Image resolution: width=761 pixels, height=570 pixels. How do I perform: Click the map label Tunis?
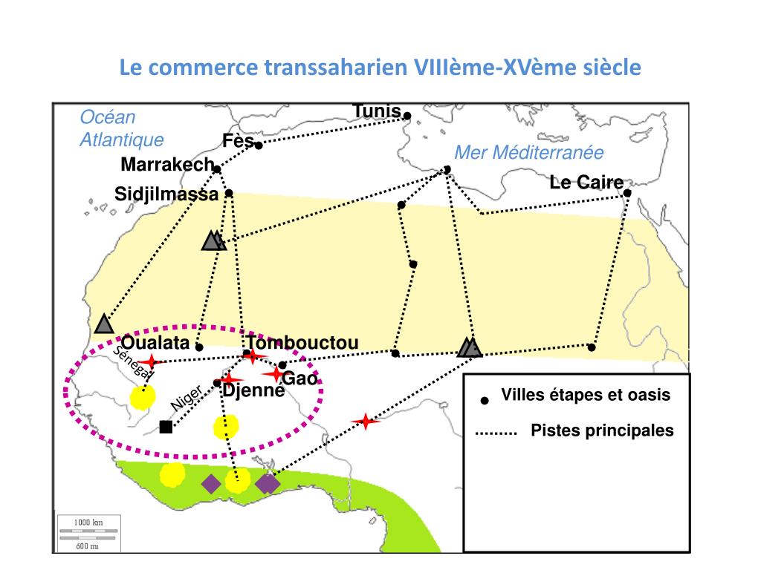click(377, 111)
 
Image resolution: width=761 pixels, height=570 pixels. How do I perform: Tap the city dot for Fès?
click(259, 145)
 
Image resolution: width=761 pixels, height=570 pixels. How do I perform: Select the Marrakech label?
click(167, 165)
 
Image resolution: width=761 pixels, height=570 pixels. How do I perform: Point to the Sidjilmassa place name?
click(166, 194)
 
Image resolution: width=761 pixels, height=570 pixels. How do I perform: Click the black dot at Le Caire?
click(627, 193)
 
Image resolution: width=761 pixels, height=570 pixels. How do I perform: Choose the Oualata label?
click(155, 343)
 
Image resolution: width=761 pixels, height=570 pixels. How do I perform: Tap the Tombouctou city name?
click(303, 343)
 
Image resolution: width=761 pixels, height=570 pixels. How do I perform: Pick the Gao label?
click(300, 379)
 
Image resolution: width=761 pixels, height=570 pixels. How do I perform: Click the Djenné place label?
click(253, 390)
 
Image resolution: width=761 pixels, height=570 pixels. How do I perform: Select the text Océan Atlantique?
click(121, 128)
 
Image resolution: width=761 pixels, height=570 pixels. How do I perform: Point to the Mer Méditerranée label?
click(529, 153)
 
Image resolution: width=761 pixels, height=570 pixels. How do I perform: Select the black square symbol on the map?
click(166, 426)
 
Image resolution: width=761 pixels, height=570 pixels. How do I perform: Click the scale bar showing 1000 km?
click(88, 523)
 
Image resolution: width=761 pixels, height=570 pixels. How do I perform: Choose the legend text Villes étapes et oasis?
click(586, 395)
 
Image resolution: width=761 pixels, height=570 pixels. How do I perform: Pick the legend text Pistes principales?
click(602, 430)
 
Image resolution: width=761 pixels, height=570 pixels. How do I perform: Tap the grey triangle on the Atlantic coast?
click(104, 324)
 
